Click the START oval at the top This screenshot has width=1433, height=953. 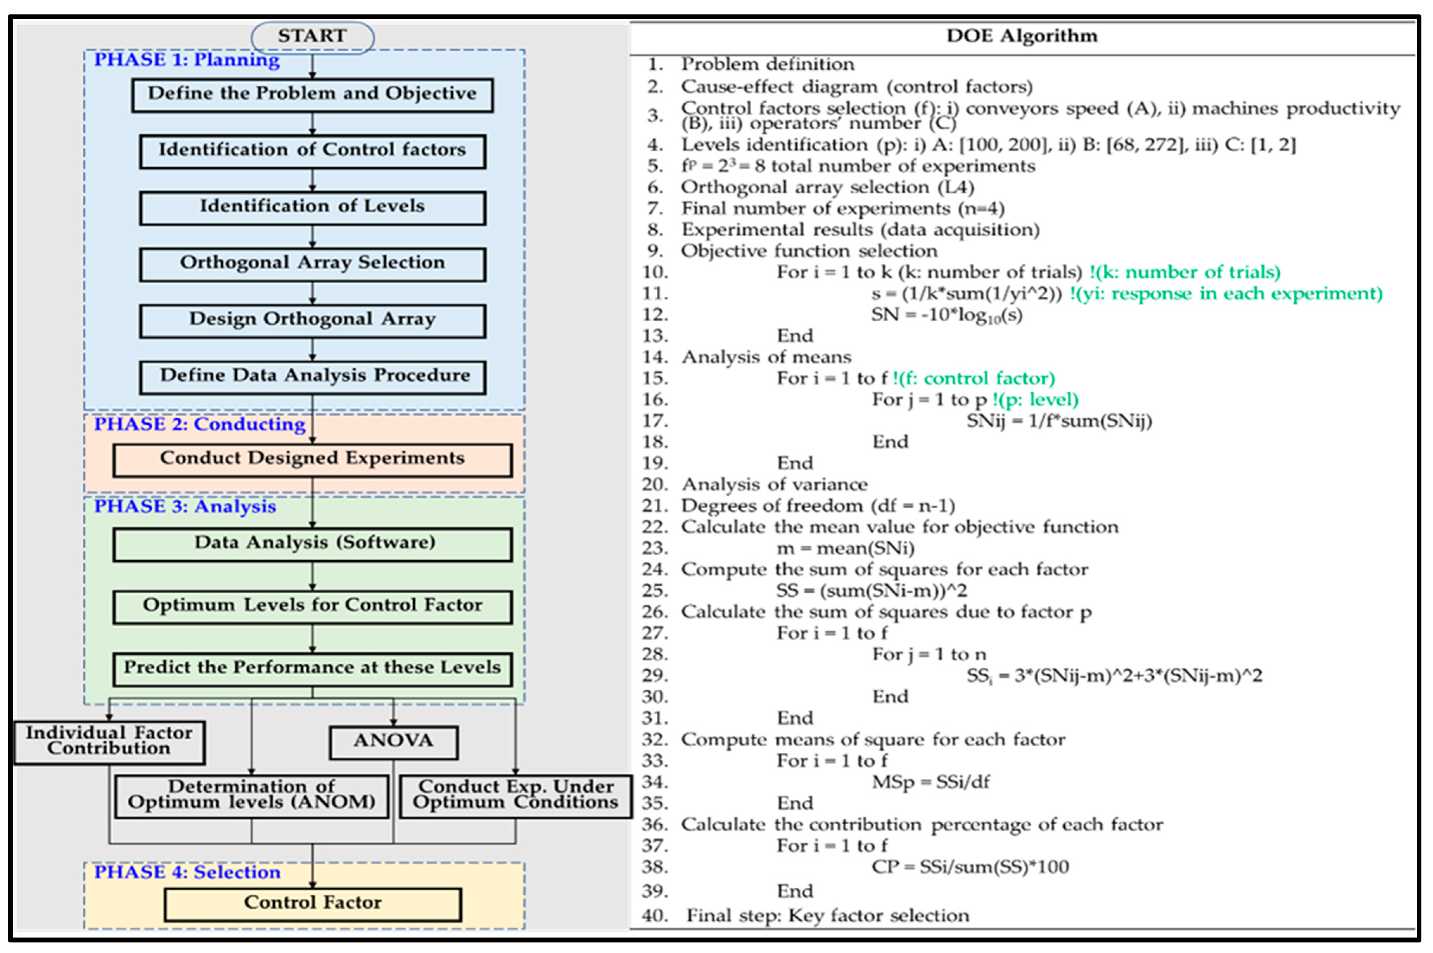pyautogui.click(x=312, y=37)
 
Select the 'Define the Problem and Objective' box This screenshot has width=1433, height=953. pyautogui.click(x=312, y=94)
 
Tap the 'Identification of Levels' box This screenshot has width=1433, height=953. pyautogui.click(x=312, y=207)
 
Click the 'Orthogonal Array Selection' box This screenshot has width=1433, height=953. pyautogui.click(x=312, y=263)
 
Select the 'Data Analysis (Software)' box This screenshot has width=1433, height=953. pyautogui.click(x=312, y=543)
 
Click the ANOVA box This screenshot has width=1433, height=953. pyautogui.click(x=393, y=741)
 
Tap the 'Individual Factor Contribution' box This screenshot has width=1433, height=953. pyautogui.click(x=109, y=741)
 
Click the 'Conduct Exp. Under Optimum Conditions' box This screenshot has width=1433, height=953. pyautogui.click(x=516, y=796)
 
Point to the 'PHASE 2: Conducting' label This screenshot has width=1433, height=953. pyautogui.click(x=199, y=424)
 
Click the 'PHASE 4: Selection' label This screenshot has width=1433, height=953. pyautogui.click(x=187, y=873)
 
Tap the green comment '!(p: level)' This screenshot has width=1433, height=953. pyautogui.click(x=1036, y=400)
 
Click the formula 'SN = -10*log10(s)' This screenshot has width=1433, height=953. pyautogui.click(x=947, y=315)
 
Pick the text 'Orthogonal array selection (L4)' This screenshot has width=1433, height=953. pyautogui.click(x=827, y=187)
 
